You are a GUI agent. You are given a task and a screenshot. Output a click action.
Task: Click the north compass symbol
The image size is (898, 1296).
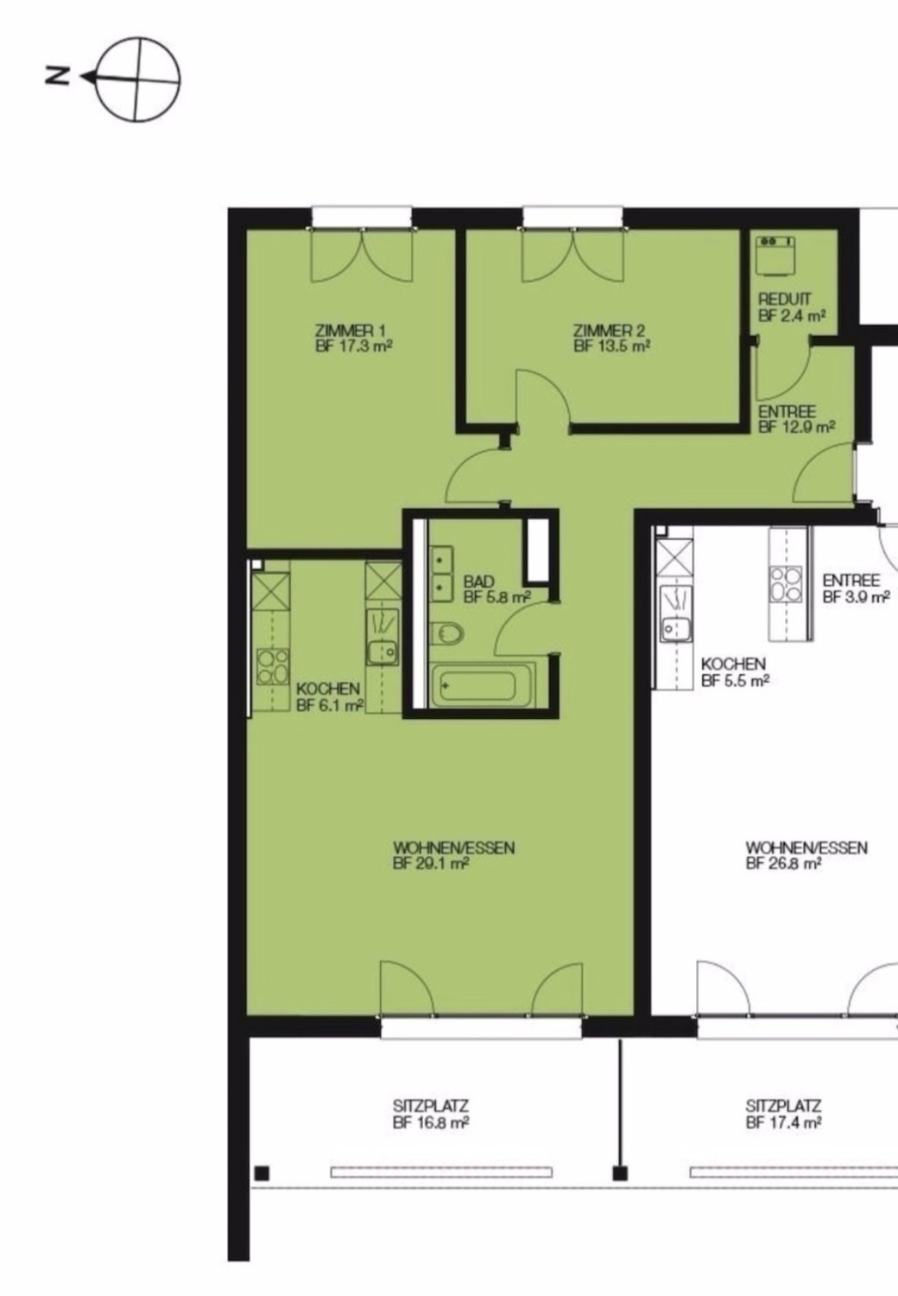136,79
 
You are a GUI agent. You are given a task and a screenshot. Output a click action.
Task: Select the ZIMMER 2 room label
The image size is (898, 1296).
611,339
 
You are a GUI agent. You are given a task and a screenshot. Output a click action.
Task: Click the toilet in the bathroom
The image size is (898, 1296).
448,634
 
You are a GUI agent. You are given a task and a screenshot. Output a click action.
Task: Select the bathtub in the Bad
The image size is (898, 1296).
483,685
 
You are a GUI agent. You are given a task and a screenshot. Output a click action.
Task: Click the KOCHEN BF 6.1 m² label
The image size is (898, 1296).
329,696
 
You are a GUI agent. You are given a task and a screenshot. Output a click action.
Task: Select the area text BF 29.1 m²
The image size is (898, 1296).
430,864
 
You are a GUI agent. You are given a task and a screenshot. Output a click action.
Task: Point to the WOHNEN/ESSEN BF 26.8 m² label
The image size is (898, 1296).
806,855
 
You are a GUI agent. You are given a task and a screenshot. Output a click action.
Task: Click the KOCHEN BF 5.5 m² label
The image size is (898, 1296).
734,672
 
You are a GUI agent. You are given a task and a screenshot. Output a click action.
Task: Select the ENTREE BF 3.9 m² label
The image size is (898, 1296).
856,589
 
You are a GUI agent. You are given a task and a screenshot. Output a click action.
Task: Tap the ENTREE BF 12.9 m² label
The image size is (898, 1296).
796,419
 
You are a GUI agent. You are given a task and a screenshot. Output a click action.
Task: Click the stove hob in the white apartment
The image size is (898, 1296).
786,584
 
